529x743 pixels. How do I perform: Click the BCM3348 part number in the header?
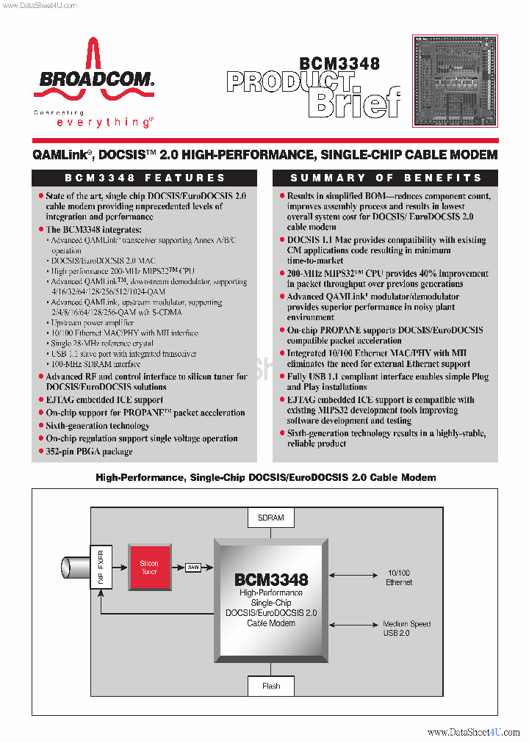(x=339, y=64)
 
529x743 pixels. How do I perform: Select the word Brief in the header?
(x=354, y=103)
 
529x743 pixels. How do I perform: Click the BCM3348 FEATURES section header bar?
(x=145, y=178)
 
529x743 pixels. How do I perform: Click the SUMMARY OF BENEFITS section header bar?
(x=386, y=178)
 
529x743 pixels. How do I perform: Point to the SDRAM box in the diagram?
(x=271, y=518)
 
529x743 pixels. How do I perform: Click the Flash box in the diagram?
(x=271, y=686)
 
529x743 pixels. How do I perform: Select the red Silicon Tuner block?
(x=149, y=568)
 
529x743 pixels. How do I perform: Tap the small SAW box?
(x=193, y=567)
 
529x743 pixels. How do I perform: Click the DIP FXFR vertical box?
(x=101, y=568)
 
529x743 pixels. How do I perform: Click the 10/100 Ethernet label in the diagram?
(x=399, y=577)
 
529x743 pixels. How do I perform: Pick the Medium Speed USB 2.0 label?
(x=406, y=628)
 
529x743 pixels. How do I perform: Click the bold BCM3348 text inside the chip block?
(x=271, y=579)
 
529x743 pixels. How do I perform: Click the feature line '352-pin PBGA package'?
(x=89, y=452)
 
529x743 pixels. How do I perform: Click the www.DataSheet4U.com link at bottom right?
(x=473, y=732)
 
